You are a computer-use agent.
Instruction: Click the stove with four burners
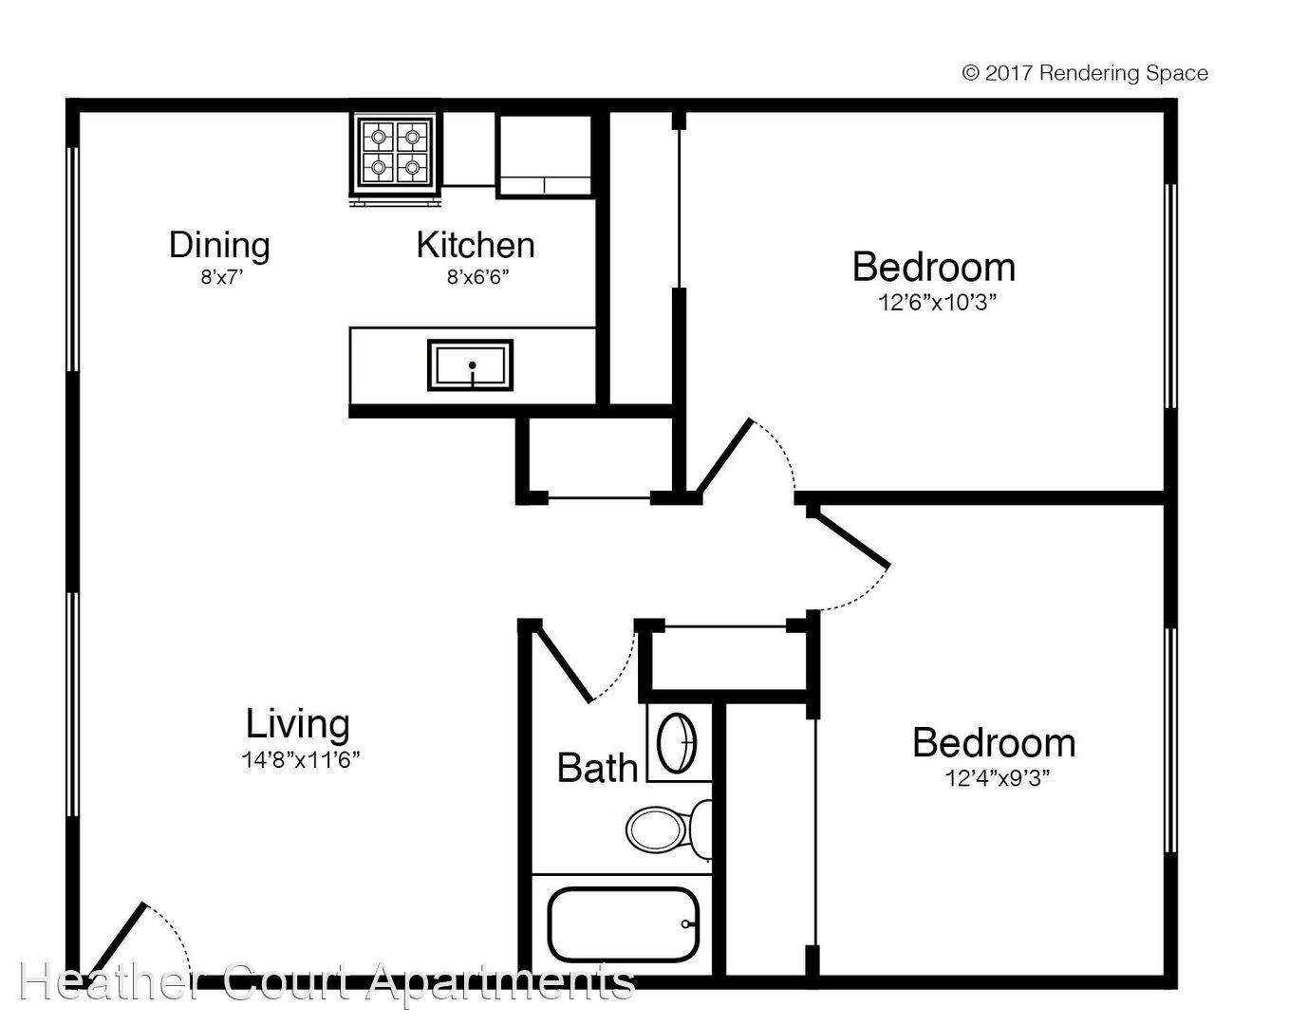click(396, 152)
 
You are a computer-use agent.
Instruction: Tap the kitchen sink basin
click(470, 364)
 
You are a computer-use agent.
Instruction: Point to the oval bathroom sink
click(678, 743)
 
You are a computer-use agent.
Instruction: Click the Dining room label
click(219, 245)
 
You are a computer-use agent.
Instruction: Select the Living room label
click(297, 724)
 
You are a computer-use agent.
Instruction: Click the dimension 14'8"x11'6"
click(300, 759)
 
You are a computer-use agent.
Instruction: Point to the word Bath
click(597, 768)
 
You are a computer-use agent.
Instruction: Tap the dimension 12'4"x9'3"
click(996, 778)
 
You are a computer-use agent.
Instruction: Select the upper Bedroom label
click(933, 267)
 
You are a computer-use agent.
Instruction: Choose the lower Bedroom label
click(993, 742)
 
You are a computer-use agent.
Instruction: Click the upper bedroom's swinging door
click(724, 457)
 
